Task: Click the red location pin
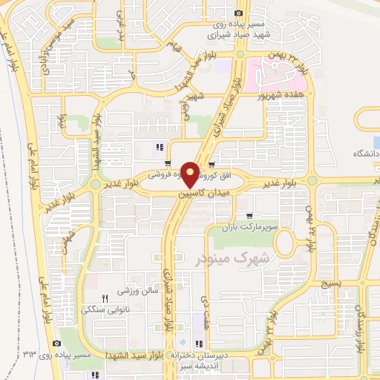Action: click(191, 173)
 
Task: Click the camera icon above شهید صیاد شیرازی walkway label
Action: click(237, 13)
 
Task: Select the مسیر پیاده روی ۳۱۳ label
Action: click(87, 355)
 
